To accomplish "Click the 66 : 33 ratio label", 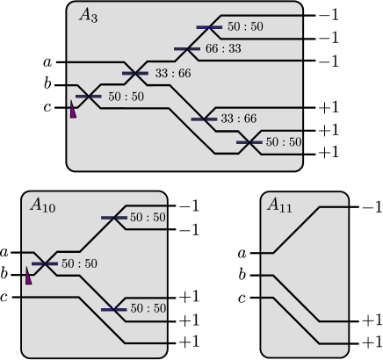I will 223,49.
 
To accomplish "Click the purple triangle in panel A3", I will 74,109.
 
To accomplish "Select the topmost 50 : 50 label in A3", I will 245,27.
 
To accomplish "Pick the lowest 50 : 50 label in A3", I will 283,141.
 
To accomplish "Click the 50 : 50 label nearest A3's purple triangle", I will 126,96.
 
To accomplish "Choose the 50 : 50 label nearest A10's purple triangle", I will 80,263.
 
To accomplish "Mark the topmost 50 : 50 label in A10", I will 148,217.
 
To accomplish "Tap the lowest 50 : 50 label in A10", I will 148,308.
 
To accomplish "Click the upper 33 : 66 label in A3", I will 173,73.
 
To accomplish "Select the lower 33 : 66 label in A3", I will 239,118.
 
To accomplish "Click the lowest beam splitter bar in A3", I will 249,141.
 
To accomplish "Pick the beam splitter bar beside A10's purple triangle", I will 46,263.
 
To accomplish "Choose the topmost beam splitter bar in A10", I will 115,217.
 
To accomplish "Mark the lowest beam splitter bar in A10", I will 115,308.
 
